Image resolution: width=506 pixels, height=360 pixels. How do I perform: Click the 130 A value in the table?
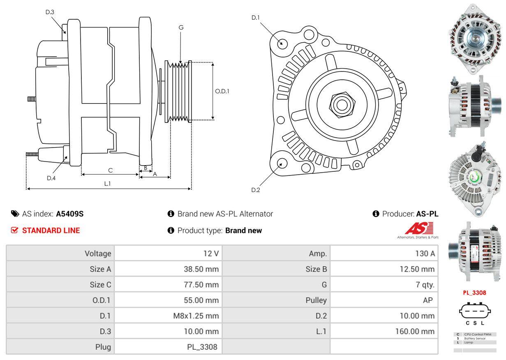pyautogui.click(x=425, y=254)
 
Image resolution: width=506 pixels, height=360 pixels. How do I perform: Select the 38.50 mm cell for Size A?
pyautogui.click(x=201, y=269)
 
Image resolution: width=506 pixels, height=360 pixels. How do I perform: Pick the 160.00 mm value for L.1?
pyautogui.click(x=415, y=331)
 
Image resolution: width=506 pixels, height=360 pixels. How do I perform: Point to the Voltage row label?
pyautogui.click(x=97, y=254)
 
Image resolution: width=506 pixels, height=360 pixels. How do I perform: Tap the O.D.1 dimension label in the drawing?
pyautogui.click(x=222, y=91)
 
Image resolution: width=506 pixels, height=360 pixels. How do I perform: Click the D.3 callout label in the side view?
pyautogui.click(x=50, y=12)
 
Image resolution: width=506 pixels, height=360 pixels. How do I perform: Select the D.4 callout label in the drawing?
pyautogui.click(x=51, y=178)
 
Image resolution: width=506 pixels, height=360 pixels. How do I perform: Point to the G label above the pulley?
pyautogui.click(x=181, y=28)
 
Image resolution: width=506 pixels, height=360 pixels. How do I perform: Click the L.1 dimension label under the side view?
pyautogui.click(x=107, y=184)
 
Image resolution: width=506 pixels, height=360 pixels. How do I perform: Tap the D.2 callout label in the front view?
pyautogui.click(x=256, y=190)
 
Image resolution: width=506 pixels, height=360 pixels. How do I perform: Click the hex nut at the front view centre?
pyautogui.click(x=340, y=104)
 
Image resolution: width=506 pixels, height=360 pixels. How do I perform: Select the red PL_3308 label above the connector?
pyautogui.click(x=474, y=293)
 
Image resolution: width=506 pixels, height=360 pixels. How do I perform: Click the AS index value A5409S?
pyautogui.click(x=70, y=214)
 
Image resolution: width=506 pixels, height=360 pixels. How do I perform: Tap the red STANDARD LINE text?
pyautogui.click(x=51, y=231)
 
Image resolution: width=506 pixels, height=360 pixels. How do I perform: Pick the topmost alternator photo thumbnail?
pyautogui.click(x=475, y=40)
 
